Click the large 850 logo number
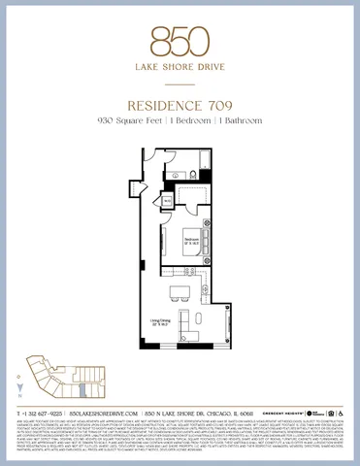180,40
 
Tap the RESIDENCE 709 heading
180,106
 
